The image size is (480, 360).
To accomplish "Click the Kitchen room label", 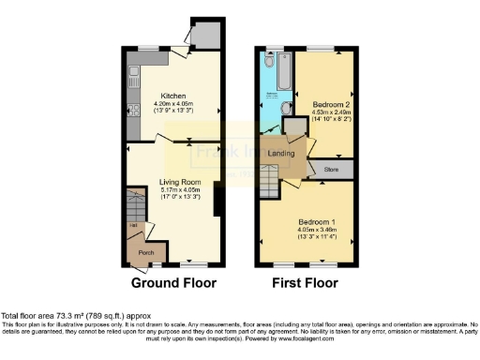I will coord(174,96).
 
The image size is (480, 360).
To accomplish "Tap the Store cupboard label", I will coord(332,170).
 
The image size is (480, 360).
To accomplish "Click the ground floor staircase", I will coord(132,204).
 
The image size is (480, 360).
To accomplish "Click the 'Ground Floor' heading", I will coord(173,282).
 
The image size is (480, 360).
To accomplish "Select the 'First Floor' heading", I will coord(305,282).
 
